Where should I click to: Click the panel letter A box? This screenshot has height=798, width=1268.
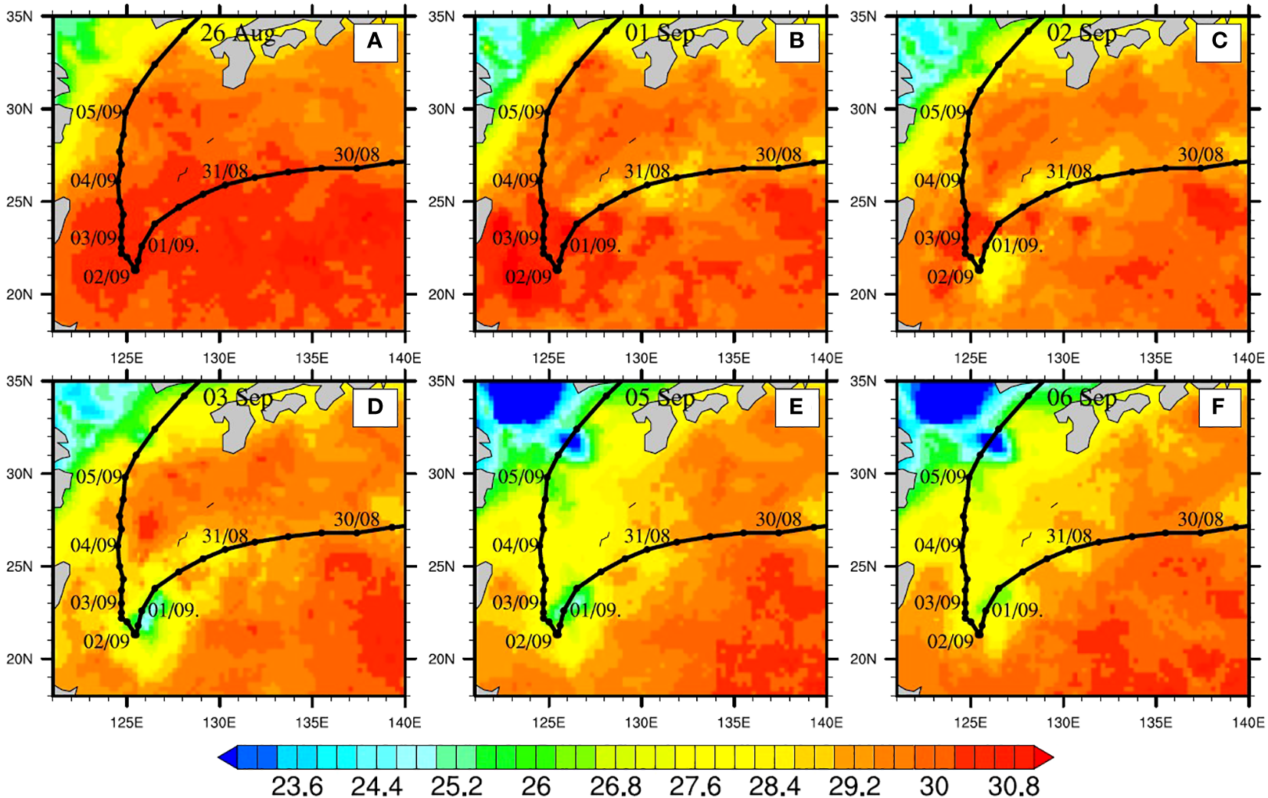tap(375, 41)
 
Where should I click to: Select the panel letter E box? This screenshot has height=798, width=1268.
tap(797, 406)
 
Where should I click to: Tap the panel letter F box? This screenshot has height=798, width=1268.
tap(1218, 406)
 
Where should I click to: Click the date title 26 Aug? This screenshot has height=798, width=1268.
tap(238, 34)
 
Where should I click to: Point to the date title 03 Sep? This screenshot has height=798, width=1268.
tap(238, 398)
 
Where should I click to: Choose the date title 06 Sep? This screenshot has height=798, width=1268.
tap(1082, 398)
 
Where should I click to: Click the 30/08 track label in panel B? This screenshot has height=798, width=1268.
tap(779, 155)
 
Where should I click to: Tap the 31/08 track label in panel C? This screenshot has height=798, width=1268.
tap(1069, 171)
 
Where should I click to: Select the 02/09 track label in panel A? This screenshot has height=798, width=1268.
tap(106, 277)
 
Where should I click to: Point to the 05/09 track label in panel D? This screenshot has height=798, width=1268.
tap(99, 477)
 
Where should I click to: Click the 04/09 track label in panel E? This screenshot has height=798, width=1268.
tap(515, 545)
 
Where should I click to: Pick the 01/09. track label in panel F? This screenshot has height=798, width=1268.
tap(1017, 610)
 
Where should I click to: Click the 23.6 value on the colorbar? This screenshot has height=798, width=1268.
tap(297, 786)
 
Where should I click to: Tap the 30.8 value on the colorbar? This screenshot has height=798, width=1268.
tap(1014, 786)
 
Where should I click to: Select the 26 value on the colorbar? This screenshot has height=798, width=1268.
tap(536, 786)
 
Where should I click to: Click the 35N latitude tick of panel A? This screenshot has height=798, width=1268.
tap(20, 16)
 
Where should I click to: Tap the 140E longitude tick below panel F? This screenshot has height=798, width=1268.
tap(1248, 722)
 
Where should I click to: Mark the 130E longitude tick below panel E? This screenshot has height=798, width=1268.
tap(641, 722)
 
